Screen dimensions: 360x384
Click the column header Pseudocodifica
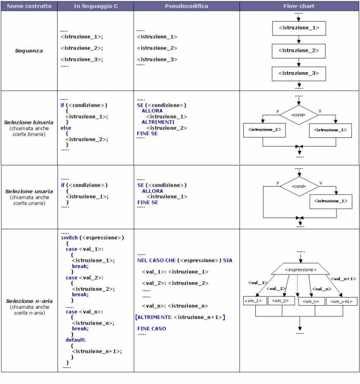pyautogui.click(x=186, y=6)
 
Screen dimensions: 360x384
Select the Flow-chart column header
pyautogui.click(x=299, y=6)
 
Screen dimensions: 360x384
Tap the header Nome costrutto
pyautogui.click(x=29, y=6)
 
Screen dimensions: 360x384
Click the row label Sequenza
pyautogui.click(x=29, y=51)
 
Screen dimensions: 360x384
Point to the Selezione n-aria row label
pyautogui.click(x=29, y=301)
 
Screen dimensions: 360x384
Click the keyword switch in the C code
pyautogui.click(x=69, y=237)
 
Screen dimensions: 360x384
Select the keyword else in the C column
pyautogui.click(x=66, y=128)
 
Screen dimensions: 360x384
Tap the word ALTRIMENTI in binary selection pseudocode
pyautogui.click(x=158, y=122)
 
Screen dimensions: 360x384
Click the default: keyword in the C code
pyautogui.click(x=75, y=340)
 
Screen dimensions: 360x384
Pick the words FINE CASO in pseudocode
pyautogui.click(x=152, y=329)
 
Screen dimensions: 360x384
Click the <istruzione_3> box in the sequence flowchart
pyautogui.click(x=299, y=74)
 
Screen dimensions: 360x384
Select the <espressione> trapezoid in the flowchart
pyautogui.click(x=300, y=269)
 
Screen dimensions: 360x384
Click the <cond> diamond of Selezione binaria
pyautogui.click(x=299, y=115)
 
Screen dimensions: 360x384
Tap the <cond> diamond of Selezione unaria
pyautogui.click(x=299, y=186)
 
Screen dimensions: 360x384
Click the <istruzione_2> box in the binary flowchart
pyautogui.click(x=264, y=130)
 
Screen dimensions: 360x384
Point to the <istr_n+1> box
pyautogui.click(x=341, y=301)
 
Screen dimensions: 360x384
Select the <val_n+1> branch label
pyautogui.click(x=343, y=279)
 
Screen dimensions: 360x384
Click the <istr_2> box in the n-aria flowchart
pyautogui.click(x=281, y=300)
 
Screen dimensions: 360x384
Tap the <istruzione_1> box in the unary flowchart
pyautogui.click(x=331, y=201)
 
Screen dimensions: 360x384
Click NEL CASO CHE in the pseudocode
pyautogui.click(x=156, y=260)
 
